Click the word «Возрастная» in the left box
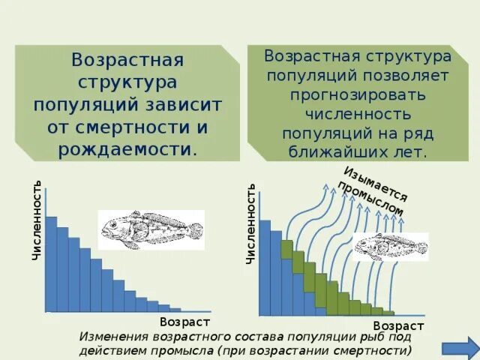[x=127, y=59]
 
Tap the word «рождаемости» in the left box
[x=124, y=148]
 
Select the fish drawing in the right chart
[x=388, y=245]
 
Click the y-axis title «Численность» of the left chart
[x=37, y=220]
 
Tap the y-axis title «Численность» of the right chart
[x=251, y=223]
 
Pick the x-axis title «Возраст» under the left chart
[x=184, y=321]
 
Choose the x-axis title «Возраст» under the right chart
[x=398, y=326]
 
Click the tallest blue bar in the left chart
[x=51, y=262]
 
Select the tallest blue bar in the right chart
[x=264, y=266]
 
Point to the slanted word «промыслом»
[x=370, y=199]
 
